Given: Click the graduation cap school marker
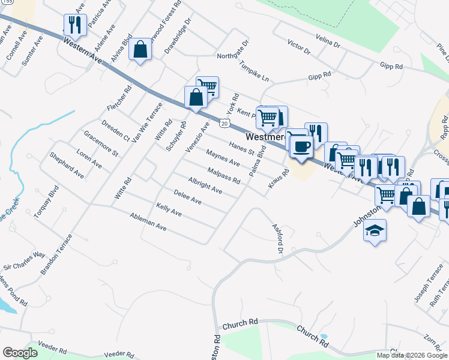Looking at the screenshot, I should coord(375,230).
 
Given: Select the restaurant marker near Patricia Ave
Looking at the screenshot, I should coord(74,25).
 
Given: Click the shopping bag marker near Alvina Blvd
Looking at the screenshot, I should coord(140,49).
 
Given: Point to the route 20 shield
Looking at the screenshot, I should coord(223,123).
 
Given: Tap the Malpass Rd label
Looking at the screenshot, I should coord(224,176).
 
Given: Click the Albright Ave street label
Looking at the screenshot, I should coord(205,186).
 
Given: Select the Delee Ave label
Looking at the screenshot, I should coord(187,197).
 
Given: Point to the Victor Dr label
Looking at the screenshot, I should coord(298,48).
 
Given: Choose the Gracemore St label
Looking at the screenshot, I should coord(101,143).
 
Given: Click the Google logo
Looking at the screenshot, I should coord(20,352).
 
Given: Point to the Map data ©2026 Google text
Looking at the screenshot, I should coord(412,355).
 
